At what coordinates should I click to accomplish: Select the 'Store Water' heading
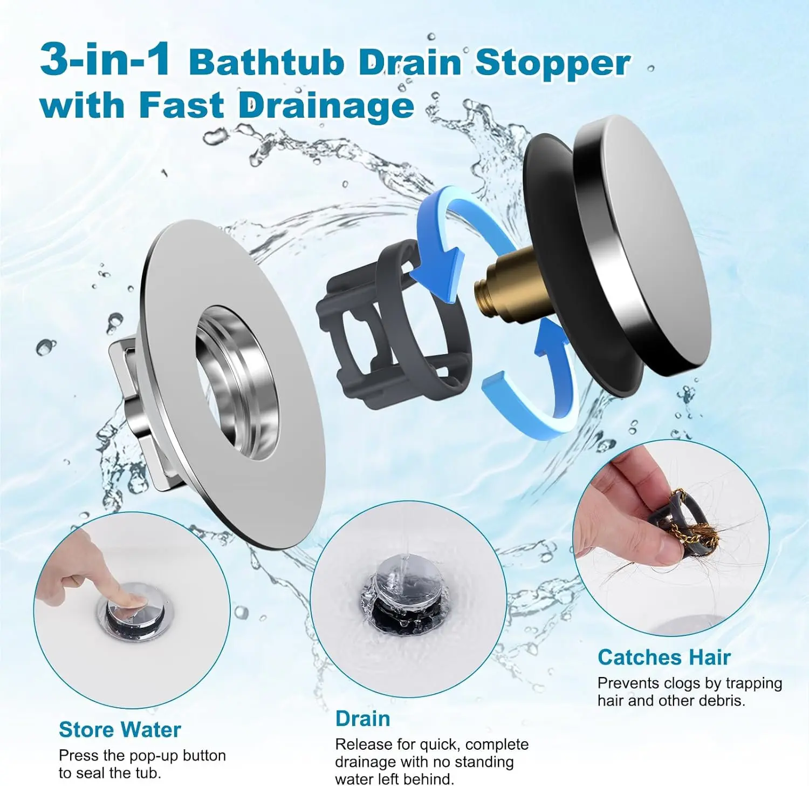pos(120,729)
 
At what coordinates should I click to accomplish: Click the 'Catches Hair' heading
pos(664,657)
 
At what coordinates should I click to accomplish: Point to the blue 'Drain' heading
pos(362,719)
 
